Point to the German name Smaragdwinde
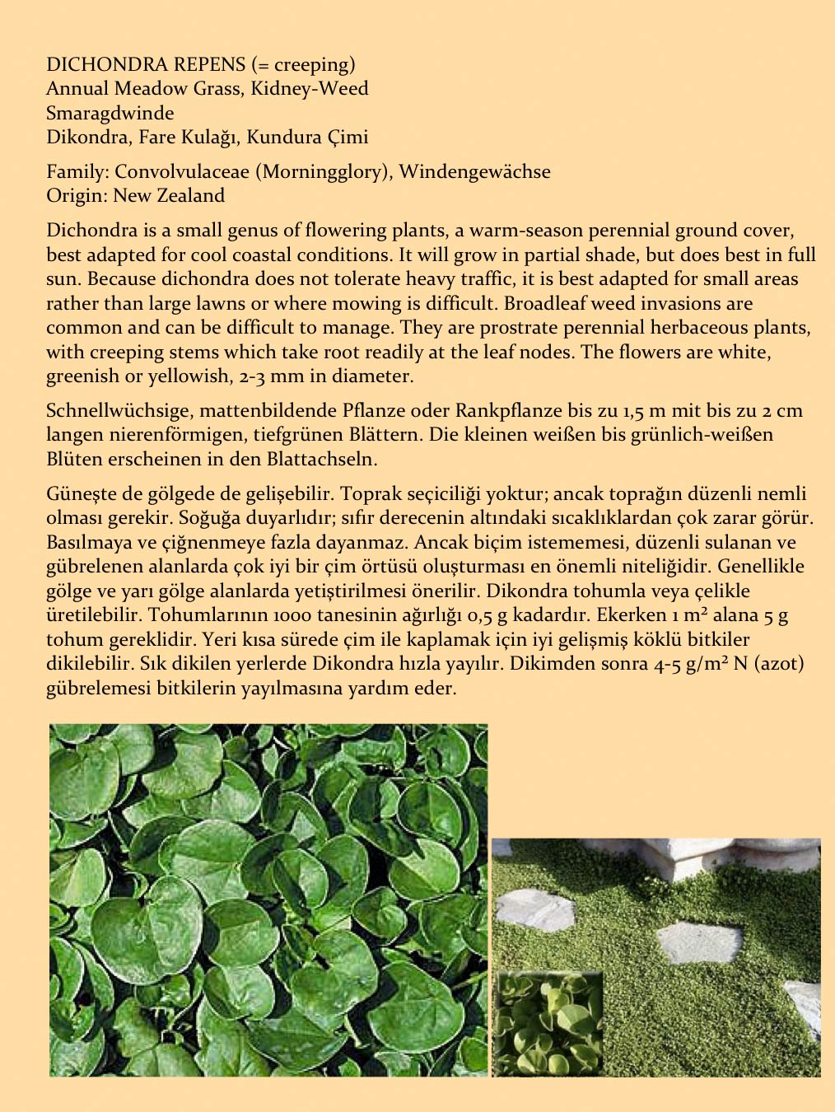coord(110,113)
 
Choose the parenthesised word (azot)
coord(776,663)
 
